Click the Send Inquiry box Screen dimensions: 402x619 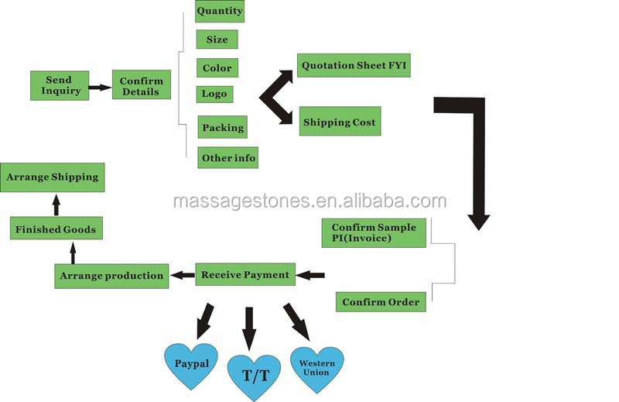pyautogui.click(x=59, y=85)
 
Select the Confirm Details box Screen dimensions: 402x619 pyautogui.click(x=141, y=86)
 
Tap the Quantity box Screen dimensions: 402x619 pyautogui.click(x=220, y=11)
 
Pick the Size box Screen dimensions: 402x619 pyautogui.click(x=217, y=40)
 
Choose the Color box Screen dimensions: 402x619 pyautogui.click(x=217, y=68)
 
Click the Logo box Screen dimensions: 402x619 pyautogui.click(x=214, y=94)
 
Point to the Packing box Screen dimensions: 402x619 pyautogui.click(x=223, y=128)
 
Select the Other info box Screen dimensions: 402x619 pyautogui.click(x=227, y=158)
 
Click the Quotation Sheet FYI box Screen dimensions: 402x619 pyautogui.click(x=353, y=66)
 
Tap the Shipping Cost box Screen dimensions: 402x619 pyautogui.click(x=340, y=122)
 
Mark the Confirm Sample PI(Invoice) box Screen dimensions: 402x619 pyautogui.click(x=374, y=232)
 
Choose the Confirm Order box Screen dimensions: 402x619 pyautogui.click(x=381, y=301)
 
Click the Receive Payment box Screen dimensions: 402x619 pyautogui.click(x=245, y=274)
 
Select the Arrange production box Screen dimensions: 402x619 pyautogui.click(x=111, y=276)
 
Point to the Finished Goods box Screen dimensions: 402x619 pyautogui.click(x=56, y=228)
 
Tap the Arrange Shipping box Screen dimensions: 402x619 pyautogui.click(x=53, y=177)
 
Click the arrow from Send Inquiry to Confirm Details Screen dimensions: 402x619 pyautogui.click(x=100, y=88)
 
